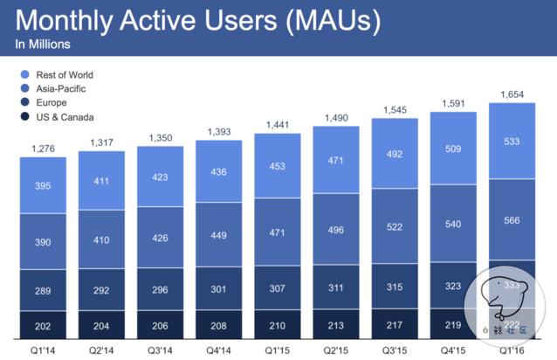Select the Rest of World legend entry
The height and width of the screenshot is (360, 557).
[58, 75]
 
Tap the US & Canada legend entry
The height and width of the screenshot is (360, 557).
[56, 117]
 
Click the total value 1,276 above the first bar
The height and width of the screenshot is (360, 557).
[44, 149]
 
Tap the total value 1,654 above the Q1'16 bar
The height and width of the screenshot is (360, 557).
[512, 93]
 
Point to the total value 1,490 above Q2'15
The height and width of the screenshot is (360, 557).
[336, 118]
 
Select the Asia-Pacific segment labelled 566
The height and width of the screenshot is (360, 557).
[512, 221]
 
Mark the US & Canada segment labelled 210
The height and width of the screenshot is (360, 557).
[278, 325]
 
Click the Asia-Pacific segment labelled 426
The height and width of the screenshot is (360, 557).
[161, 238]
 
